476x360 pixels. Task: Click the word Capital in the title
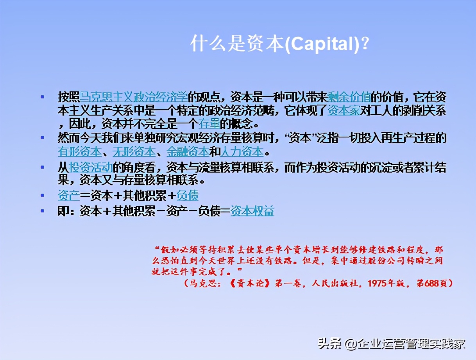(321, 45)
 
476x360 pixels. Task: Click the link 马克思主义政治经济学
(134, 96)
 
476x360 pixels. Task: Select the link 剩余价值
(349, 96)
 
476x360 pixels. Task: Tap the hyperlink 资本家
(343, 111)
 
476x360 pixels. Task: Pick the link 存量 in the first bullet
(209, 125)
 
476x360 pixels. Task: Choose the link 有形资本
(79, 151)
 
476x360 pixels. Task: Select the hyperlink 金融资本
(188, 151)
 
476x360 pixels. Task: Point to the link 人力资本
(242, 151)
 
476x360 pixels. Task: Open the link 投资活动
(91, 168)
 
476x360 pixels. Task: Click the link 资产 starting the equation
(69, 195)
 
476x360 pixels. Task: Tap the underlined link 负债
(188, 195)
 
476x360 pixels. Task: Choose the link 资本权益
(252, 211)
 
